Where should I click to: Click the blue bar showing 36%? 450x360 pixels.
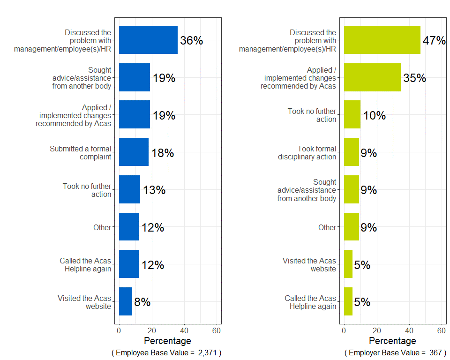pyautogui.click(x=148, y=40)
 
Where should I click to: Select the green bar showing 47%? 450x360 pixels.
pyautogui.click(x=382, y=40)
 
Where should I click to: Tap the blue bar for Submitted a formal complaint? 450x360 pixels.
pyautogui.click(x=134, y=152)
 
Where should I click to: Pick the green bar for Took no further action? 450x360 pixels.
pyautogui.click(x=352, y=115)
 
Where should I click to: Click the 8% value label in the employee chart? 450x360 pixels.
pyautogui.click(x=142, y=302)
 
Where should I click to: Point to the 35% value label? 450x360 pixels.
pyautogui.click(x=414, y=78)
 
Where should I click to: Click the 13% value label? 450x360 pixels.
pyautogui.click(x=154, y=190)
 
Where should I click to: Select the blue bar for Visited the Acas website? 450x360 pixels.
pyautogui.click(x=126, y=301)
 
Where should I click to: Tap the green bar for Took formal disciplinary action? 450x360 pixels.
pyautogui.click(x=352, y=152)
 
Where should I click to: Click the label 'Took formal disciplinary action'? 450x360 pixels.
pyautogui.click(x=307, y=153)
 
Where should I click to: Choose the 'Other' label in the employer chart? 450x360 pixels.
pyautogui.click(x=327, y=227)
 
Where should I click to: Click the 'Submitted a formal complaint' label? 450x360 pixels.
pyautogui.click(x=81, y=153)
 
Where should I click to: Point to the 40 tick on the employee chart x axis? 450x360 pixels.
pyautogui.click(x=184, y=330)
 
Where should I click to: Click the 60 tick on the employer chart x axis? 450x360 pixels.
pyautogui.click(x=441, y=330)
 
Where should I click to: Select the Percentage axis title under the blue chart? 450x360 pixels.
pyautogui.click(x=167, y=341)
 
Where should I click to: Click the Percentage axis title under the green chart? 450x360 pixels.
pyautogui.click(x=392, y=341)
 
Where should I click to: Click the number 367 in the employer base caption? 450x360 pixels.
pyautogui.click(x=435, y=352)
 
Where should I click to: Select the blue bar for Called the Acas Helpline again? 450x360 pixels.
pyautogui.click(x=129, y=264)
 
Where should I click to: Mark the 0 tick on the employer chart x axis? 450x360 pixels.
pyautogui.click(x=344, y=330)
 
